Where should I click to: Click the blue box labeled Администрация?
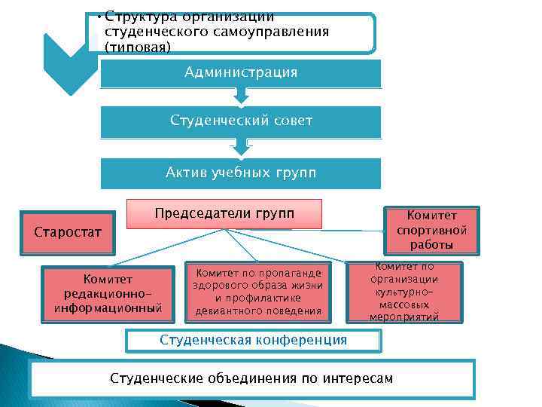pos(241,73)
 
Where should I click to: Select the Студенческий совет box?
pos(241,121)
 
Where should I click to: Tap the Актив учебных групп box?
pos(241,173)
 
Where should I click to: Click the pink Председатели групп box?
pos(224,213)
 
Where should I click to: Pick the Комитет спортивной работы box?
pos(431,230)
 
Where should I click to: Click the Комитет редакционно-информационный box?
pos(108,293)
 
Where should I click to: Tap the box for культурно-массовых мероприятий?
pos(404,292)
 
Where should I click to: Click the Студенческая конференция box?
pos(254,340)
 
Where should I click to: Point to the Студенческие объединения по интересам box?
pos(251,378)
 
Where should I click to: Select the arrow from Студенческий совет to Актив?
pos(241,145)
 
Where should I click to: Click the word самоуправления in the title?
pos(281,32)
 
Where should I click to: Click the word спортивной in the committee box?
pos(431,230)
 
